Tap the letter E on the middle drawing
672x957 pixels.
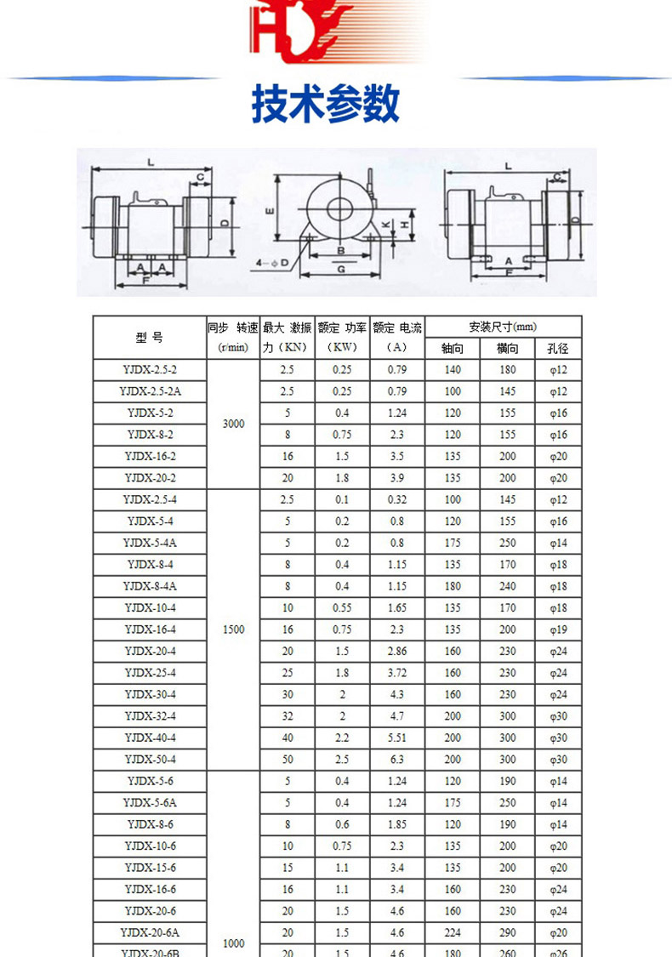(x=269, y=209)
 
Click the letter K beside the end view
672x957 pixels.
(x=384, y=224)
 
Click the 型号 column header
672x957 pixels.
(x=149, y=338)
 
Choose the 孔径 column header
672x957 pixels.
(x=558, y=348)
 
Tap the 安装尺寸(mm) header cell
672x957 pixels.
(x=503, y=327)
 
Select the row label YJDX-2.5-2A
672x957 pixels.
(x=151, y=391)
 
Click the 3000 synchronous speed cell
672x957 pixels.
(x=233, y=424)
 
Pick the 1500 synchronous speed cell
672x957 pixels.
(x=233, y=629)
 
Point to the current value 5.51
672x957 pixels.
(x=396, y=738)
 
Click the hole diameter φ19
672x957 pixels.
(x=558, y=629)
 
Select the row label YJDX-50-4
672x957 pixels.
(x=151, y=759)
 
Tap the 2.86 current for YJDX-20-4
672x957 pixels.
(x=396, y=651)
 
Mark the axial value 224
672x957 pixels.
(x=453, y=932)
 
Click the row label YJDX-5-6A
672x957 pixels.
(x=151, y=802)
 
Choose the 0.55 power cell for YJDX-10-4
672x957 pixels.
(x=342, y=607)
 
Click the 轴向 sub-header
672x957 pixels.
(x=453, y=348)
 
